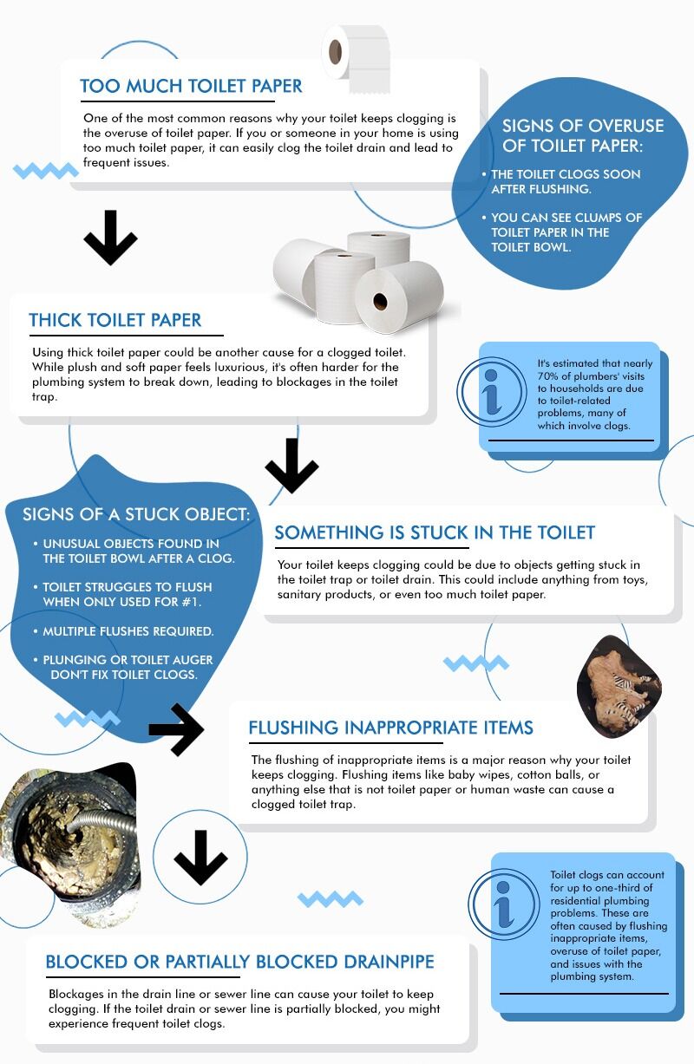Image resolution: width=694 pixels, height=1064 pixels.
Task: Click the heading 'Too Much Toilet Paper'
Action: coord(191,86)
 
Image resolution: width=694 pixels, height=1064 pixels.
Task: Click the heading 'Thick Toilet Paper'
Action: coord(115,320)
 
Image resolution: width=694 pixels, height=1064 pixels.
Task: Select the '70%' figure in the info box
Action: coord(547,376)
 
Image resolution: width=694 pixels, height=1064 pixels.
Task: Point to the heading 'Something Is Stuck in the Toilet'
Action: coord(435,532)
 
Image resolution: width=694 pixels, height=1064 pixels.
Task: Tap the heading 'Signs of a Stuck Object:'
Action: coord(136,514)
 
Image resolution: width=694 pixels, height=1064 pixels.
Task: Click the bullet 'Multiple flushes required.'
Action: coord(128,631)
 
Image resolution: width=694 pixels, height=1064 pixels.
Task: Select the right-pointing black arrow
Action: coord(176,729)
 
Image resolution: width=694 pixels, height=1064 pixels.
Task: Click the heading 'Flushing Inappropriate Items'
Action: coord(390,728)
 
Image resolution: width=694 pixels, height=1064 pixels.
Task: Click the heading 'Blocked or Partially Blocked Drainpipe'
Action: coord(239,962)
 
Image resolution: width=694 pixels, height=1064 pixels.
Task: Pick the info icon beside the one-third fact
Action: coord(504,904)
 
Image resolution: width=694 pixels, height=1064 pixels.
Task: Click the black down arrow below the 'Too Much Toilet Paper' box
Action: coord(110,238)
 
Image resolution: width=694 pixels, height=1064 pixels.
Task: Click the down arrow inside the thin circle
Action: coord(200,858)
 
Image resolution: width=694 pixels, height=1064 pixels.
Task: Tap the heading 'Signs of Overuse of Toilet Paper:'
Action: coord(583,135)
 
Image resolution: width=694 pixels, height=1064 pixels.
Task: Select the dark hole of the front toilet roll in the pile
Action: coord(380,301)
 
